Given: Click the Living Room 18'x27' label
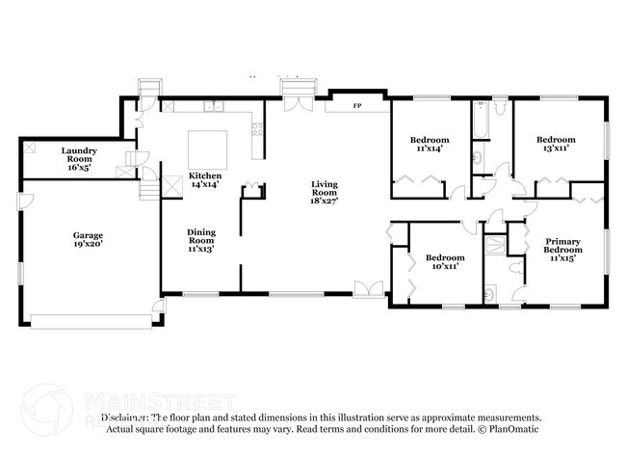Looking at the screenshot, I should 323,191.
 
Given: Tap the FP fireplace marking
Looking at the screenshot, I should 357,104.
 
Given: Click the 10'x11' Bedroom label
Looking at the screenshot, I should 445,262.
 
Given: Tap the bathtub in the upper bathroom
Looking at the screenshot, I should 479,121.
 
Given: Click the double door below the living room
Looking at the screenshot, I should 366,288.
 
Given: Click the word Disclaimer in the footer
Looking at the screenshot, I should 131,418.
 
